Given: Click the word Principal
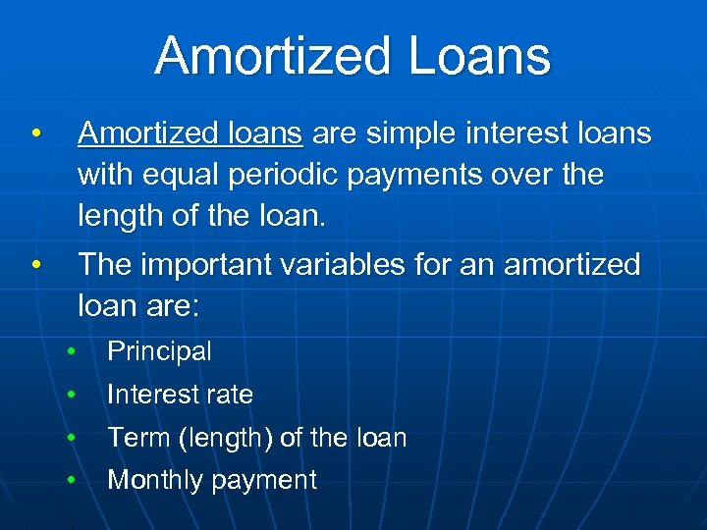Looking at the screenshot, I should [159, 351].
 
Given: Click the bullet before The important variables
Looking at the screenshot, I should [35, 264].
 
